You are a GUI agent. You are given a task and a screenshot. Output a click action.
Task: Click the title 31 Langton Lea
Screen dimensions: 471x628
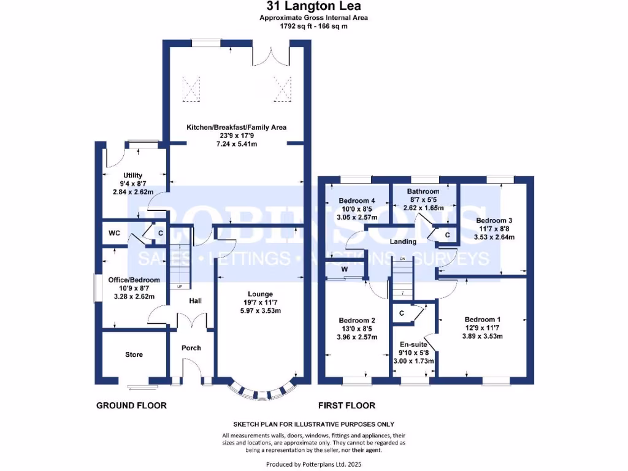(313, 7)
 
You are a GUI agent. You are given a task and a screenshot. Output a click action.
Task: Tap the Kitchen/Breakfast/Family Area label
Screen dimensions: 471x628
(237, 128)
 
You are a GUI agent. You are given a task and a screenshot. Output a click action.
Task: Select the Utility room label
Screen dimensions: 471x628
(132, 175)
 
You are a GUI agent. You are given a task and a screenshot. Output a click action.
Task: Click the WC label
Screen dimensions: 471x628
(113, 233)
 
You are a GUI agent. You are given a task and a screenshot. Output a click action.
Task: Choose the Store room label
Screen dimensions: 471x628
(134, 354)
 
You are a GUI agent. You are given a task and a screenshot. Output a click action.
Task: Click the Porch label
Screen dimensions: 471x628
(191, 348)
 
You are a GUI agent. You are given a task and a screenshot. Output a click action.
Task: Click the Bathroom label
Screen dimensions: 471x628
(423, 191)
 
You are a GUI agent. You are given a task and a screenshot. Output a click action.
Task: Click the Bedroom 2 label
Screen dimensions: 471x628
(356, 320)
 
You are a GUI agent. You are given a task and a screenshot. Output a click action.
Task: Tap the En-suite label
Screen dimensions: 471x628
(413, 344)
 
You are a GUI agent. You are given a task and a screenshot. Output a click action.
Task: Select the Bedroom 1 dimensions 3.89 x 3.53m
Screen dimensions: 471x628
(482, 336)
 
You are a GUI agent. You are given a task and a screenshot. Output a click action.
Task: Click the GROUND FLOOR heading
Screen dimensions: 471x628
(131, 405)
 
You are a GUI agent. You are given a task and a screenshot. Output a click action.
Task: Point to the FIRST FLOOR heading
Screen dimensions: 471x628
(347, 405)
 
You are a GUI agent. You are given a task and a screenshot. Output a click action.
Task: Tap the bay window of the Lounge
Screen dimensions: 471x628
(260, 390)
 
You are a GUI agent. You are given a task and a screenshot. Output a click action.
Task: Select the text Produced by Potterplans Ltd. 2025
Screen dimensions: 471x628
(313, 464)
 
